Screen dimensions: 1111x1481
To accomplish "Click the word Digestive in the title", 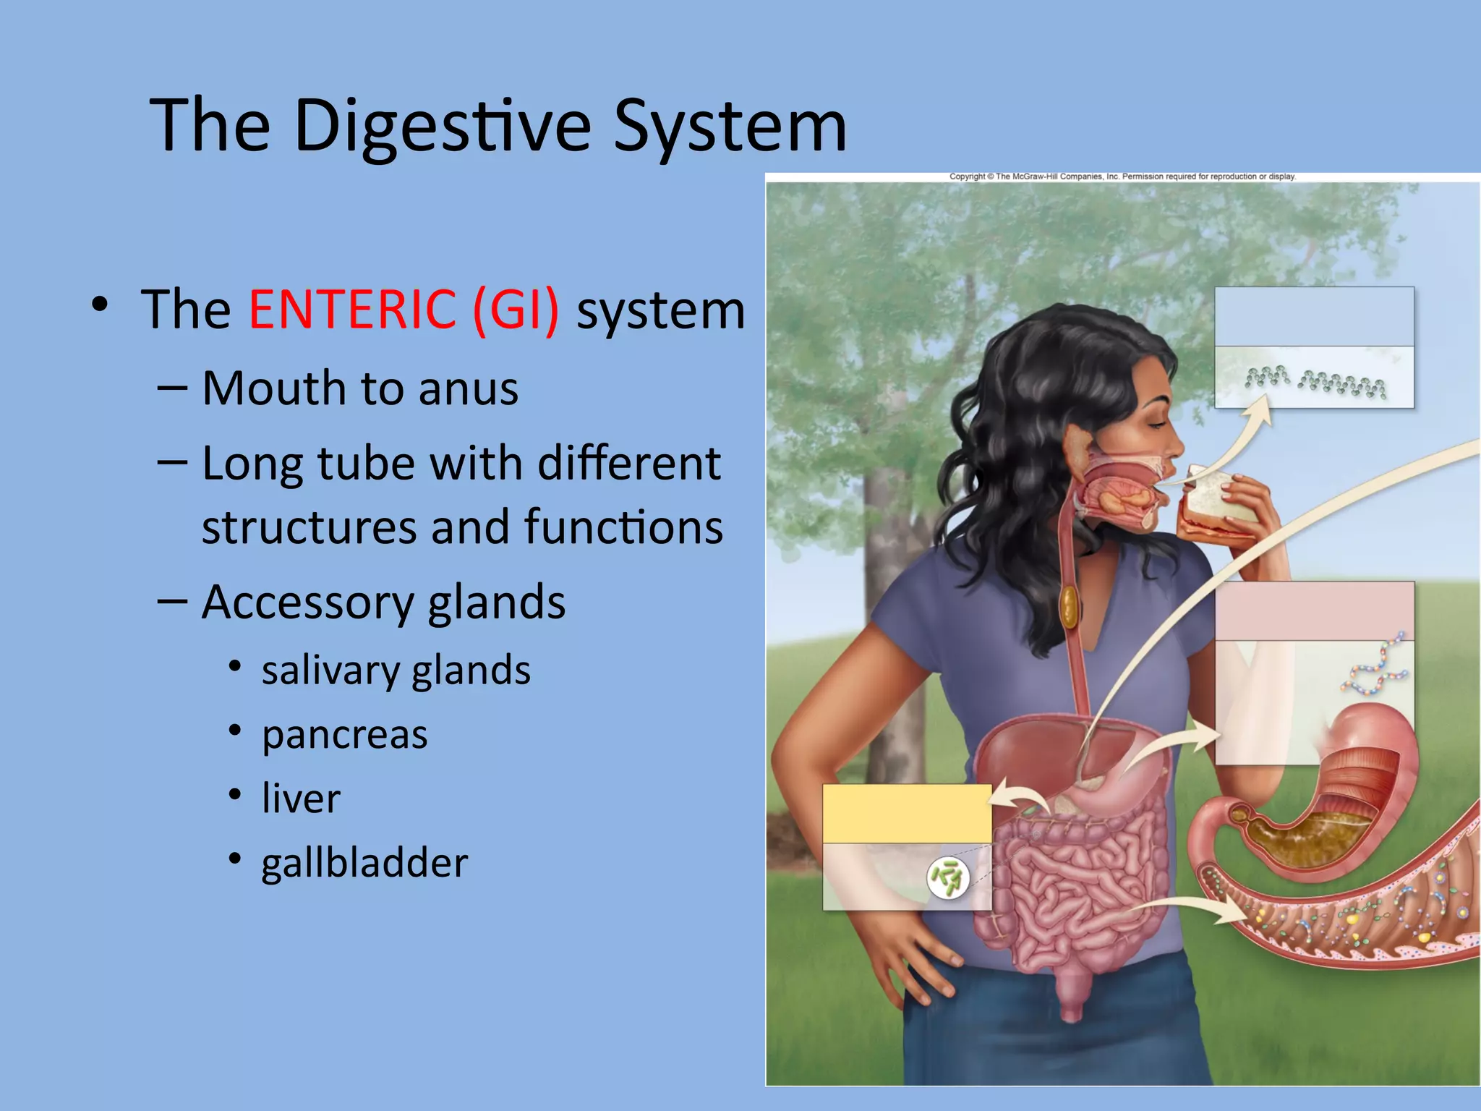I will point(443,127).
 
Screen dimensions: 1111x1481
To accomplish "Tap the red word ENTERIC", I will point(352,310).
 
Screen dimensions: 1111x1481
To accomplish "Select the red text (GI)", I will point(516,310).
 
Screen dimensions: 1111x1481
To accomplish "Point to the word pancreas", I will point(344,736).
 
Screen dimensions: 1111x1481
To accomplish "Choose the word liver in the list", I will point(301,799).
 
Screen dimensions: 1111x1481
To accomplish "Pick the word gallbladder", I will point(364,863).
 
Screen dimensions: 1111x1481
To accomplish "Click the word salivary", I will point(330,671).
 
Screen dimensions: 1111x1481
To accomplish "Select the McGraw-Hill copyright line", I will point(1122,176).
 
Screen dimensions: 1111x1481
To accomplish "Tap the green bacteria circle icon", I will point(948,877).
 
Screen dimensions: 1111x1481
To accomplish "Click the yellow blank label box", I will point(907,814).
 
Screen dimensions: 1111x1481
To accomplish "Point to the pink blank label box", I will point(1314,610).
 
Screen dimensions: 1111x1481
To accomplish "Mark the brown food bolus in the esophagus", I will point(1069,607).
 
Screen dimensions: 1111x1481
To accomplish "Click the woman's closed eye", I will point(1160,422).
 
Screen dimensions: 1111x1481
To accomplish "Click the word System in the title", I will point(730,127).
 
